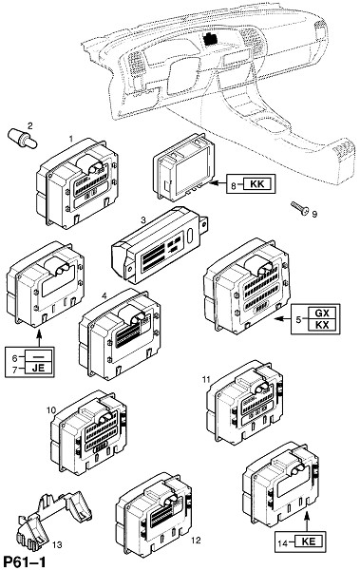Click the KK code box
click(x=257, y=184)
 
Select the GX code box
click(x=321, y=313)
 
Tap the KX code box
click(x=321, y=325)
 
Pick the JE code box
click(x=38, y=368)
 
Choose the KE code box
click(x=309, y=541)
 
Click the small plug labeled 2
click(x=22, y=140)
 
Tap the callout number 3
click(x=143, y=220)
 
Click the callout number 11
click(x=206, y=379)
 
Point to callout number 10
click(x=51, y=410)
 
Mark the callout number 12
click(x=196, y=541)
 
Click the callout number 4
click(x=104, y=296)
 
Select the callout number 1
click(x=71, y=138)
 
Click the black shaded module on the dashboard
click(x=211, y=38)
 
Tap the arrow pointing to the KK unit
click(x=218, y=184)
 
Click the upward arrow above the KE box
click(x=307, y=521)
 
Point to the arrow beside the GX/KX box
click(x=282, y=319)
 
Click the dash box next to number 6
click(x=38, y=356)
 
